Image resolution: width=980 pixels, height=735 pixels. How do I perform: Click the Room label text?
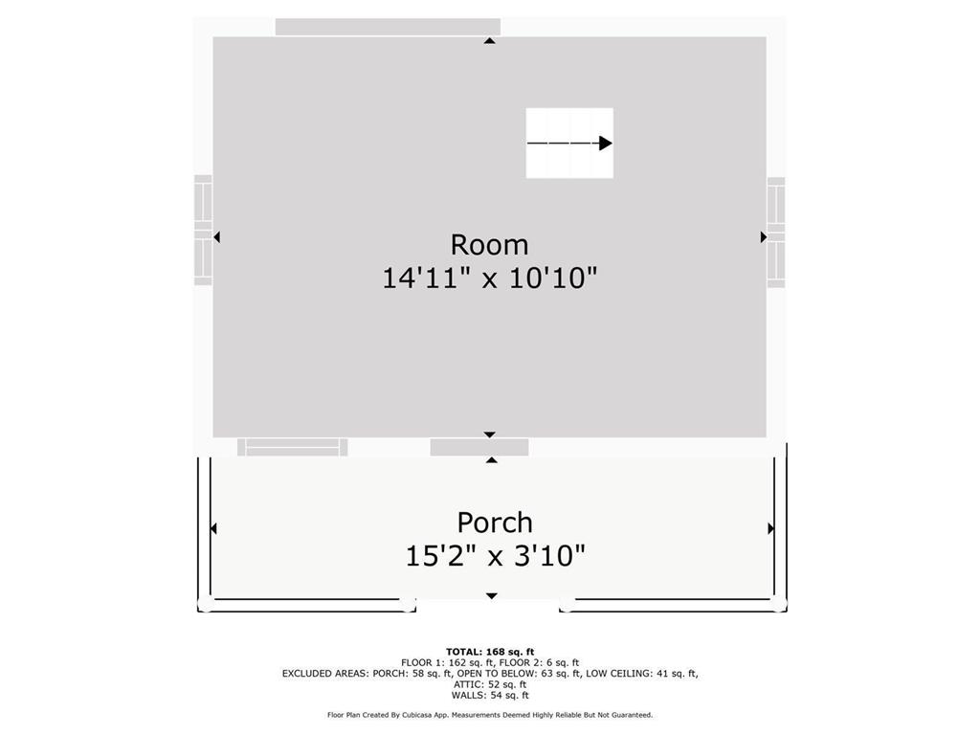pyautogui.click(x=489, y=245)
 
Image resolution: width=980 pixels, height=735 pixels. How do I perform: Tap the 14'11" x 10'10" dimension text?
pyautogui.click(x=489, y=278)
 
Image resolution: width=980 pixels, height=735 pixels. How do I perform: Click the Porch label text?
pyautogui.click(x=495, y=523)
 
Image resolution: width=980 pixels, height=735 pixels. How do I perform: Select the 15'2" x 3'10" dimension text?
pyautogui.click(x=495, y=556)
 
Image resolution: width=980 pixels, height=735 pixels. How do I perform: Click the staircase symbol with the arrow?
pyautogui.click(x=569, y=143)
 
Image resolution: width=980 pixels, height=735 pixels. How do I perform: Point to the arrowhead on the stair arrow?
pyautogui.click(x=606, y=144)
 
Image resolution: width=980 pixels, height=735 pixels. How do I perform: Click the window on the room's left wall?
pyautogui.click(x=203, y=230)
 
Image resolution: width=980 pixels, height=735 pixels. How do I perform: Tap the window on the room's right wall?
pyautogui.click(x=776, y=233)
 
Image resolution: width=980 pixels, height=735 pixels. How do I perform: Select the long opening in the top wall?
pyautogui.click(x=388, y=27)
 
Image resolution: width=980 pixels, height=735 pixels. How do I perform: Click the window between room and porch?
pyautogui.click(x=293, y=447)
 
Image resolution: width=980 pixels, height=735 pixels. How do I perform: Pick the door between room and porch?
pyautogui.click(x=479, y=447)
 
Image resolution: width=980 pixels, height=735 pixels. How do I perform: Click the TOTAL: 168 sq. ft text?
pyautogui.click(x=490, y=652)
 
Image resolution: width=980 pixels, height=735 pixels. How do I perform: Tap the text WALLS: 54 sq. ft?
pyautogui.click(x=490, y=695)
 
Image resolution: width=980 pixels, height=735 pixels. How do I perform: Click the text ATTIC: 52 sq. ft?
pyautogui.click(x=490, y=684)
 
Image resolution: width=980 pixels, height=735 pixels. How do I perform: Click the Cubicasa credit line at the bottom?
pyautogui.click(x=490, y=715)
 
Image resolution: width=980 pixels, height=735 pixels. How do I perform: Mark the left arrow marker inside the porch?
pyautogui.click(x=213, y=528)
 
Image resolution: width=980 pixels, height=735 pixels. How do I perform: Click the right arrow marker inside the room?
pyautogui.click(x=764, y=236)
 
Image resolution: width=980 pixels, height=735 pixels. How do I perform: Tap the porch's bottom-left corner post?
pyautogui.click(x=204, y=605)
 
